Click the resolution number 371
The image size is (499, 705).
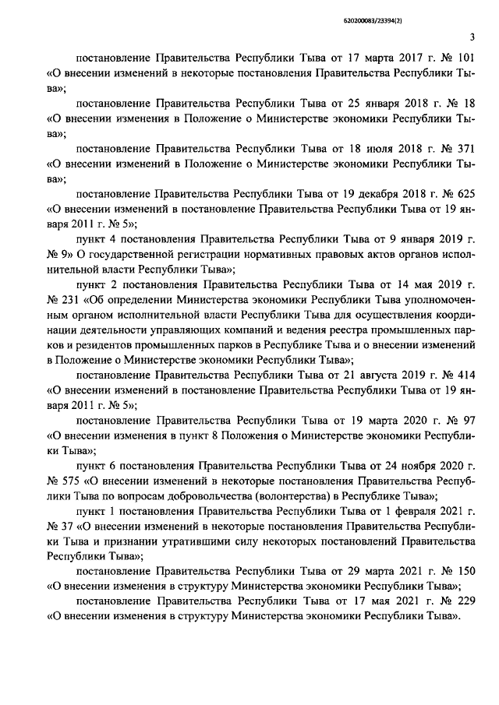tap(465, 147)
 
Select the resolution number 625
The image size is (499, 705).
tap(465, 192)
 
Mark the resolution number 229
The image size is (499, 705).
tap(465, 601)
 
